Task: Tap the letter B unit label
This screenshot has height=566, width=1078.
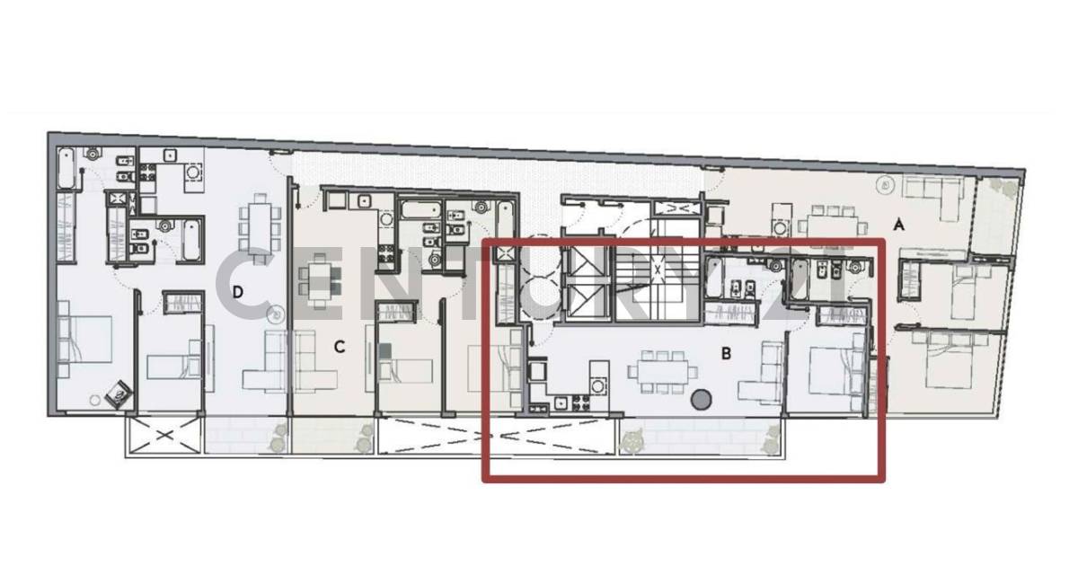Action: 726,354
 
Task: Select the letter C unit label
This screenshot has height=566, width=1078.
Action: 340,347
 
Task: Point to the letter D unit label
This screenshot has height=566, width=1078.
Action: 238,292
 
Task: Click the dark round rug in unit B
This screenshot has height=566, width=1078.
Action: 701,400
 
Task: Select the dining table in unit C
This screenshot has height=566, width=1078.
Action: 321,279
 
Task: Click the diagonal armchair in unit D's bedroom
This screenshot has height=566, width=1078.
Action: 119,393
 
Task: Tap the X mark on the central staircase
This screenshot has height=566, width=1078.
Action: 658,268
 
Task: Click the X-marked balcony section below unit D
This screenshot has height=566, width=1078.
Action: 163,438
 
